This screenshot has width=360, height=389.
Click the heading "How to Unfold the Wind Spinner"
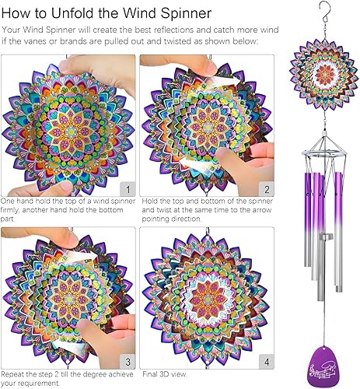tap(106, 13)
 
